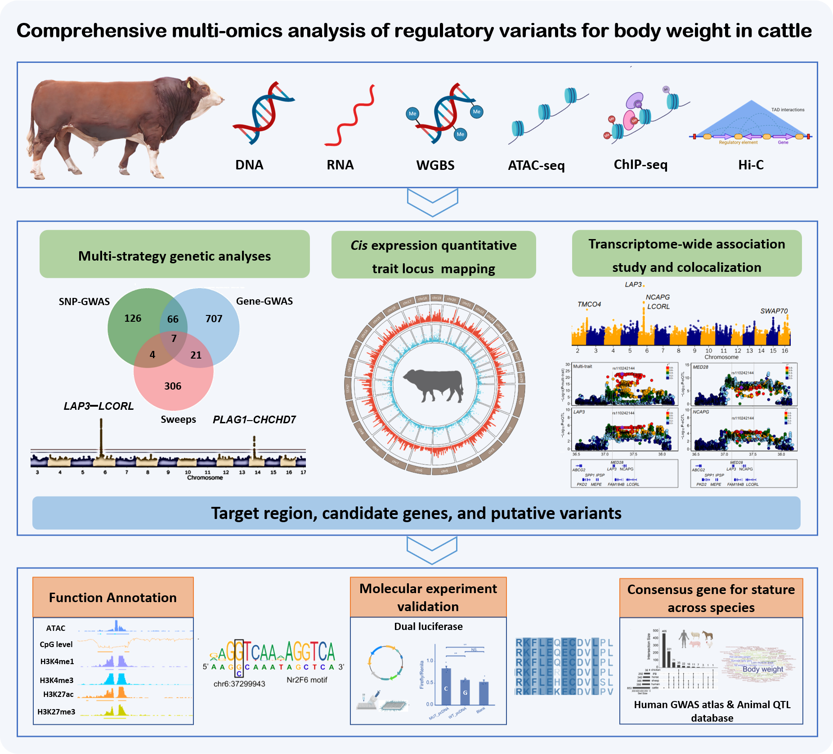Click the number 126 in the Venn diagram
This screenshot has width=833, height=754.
coord(133,319)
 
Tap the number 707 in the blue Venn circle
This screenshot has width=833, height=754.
coord(214,319)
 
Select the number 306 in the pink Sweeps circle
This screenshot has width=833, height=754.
coord(173,386)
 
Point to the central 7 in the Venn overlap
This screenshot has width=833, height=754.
coord(174,339)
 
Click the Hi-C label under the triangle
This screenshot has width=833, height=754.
coord(751,165)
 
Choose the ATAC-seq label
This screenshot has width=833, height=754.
coord(536,166)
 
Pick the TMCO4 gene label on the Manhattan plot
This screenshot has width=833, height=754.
coord(589,305)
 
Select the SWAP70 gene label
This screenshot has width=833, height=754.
coord(774,311)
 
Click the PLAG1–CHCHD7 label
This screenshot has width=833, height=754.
coord(254,420)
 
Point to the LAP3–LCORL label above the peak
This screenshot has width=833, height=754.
coord(99,406)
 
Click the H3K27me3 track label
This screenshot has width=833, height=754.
coord(56,712)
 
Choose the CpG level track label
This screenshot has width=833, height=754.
coord(56,644)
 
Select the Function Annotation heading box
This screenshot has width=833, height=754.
coord(113,598)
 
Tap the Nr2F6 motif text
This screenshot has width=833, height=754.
coord(307,680)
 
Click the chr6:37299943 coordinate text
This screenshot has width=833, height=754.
coord(239,684)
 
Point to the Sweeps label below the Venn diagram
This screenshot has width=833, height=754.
coord(178,420)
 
